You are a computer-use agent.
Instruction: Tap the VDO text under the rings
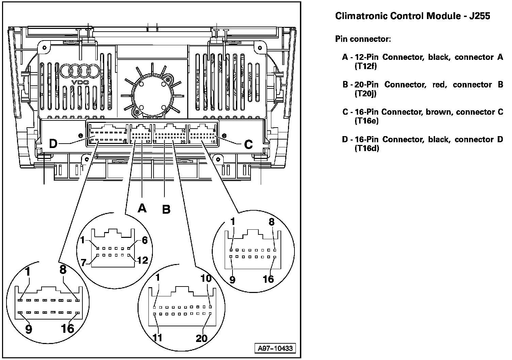pos(80,83)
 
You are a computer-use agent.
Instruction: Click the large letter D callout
pos(53,144)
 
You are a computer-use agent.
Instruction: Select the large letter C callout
pos(249,145)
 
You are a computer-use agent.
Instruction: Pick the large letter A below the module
pos(142,208)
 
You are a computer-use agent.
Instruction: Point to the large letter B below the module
pos(166,209)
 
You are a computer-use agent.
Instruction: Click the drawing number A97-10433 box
pos(275,349)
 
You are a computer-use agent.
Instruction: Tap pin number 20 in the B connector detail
pos(202,338)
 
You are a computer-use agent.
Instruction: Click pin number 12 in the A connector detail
pos(142,261)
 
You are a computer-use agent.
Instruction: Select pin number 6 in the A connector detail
pos(144,240)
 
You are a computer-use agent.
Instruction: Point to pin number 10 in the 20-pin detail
pos(206,278)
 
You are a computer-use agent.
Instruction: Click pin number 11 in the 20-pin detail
pos(157,338)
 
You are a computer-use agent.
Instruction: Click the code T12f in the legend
pos(366,66)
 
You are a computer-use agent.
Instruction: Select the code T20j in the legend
pos(365,94)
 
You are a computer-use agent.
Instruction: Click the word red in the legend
pos(439,84)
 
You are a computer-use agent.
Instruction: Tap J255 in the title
pos(480,16)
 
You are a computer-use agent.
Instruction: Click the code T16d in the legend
pos(367,148)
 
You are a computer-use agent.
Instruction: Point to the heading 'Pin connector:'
pos(363,39)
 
